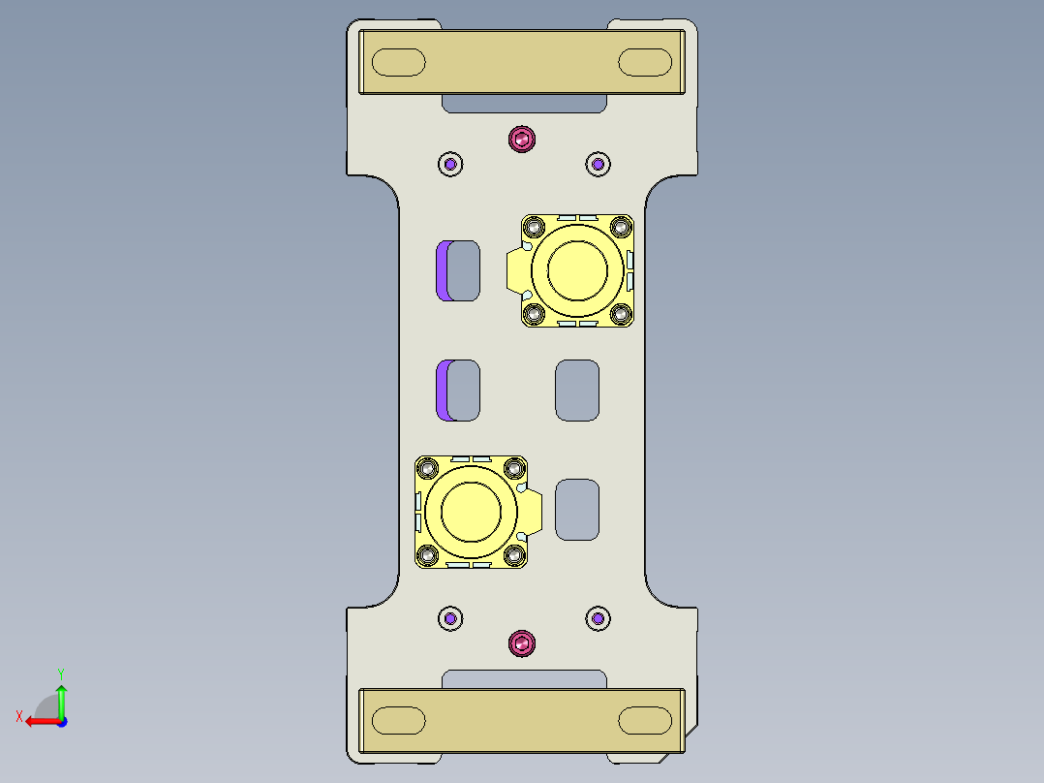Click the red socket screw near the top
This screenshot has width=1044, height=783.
[523, 139]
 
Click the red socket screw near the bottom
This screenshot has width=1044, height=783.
[523, 642]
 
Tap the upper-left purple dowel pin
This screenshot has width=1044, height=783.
[450, 164]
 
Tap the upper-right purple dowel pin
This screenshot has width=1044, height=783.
[599, 164]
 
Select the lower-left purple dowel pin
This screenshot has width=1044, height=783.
[450, 618]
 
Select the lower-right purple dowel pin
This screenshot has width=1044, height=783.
[599, 618]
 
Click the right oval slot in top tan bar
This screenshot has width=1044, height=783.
[645, 63]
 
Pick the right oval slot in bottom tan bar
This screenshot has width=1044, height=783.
[645, 720]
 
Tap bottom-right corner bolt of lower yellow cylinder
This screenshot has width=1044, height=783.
[515, 555]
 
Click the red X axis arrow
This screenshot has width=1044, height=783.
[37, 721]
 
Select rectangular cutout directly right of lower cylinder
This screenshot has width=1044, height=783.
[577, 509]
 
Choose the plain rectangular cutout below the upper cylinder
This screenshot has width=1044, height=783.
[577, 390]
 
